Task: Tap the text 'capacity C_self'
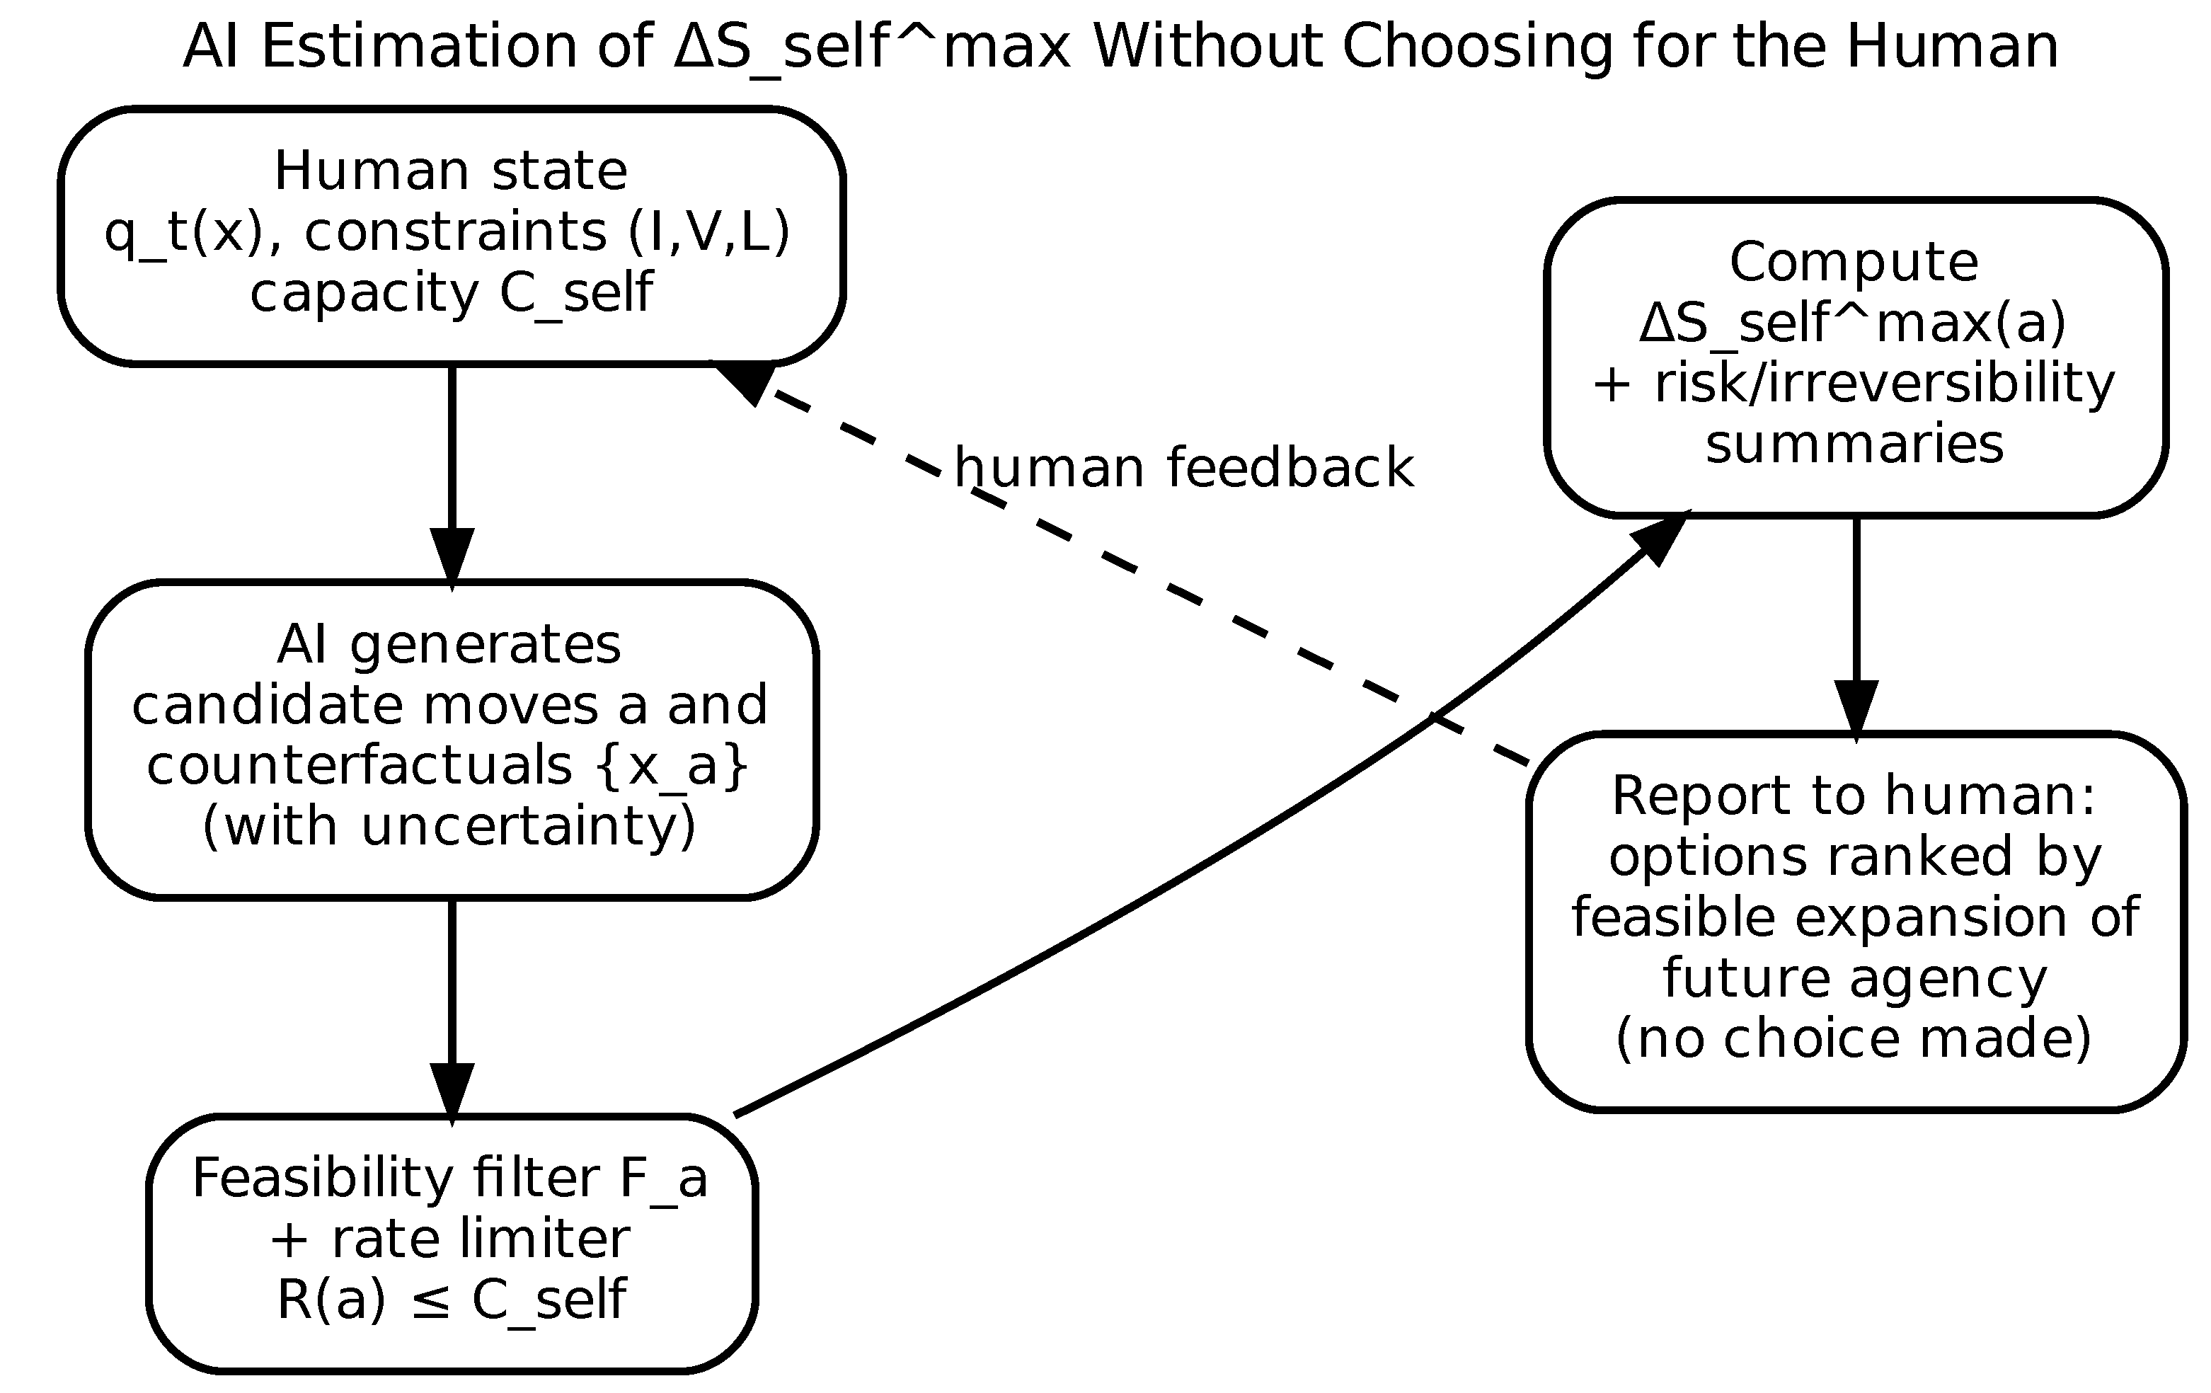point(451,293)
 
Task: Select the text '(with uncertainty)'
point(449,825)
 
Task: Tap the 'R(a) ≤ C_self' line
point(451,1300)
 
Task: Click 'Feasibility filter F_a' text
point(450,1178)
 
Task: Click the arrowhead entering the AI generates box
point(452,556)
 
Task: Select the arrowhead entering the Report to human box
point(1856,709)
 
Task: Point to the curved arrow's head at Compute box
point(1660,539)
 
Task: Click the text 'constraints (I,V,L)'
point(547,231)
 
